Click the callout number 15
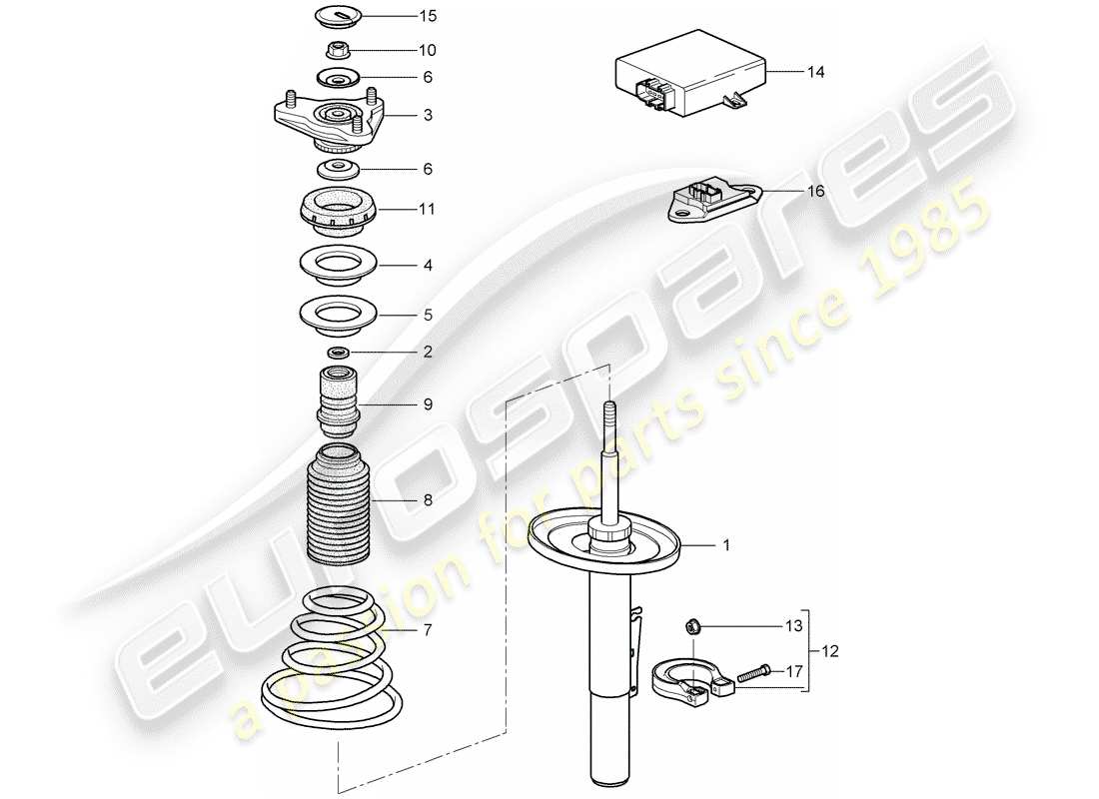click(400, 17)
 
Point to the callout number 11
click(399, 210)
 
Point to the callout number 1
click(727, 545)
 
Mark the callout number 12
click(830, 651)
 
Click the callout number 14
click(816, 72)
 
